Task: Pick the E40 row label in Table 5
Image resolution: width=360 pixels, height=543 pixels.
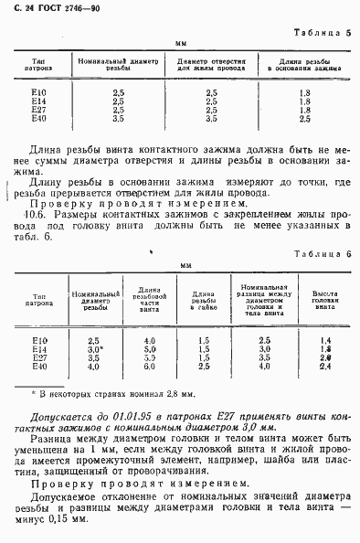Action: (x=38, y=118)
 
